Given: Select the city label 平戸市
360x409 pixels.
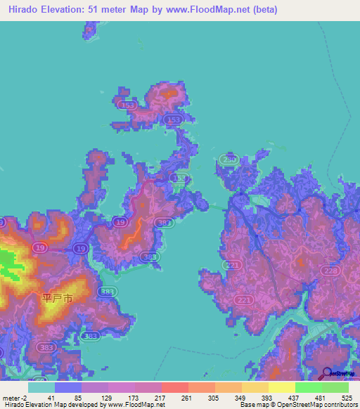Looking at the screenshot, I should tap(58, 298).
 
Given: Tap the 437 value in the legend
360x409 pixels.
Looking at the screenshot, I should tap(292, 398).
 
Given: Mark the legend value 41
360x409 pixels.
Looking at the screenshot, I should tap(51, 398).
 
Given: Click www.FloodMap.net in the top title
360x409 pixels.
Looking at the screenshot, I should tap(206, 10).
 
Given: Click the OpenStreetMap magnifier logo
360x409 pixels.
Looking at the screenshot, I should tap(328, 373).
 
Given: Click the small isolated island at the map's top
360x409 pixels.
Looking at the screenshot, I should tap(89, 30).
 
